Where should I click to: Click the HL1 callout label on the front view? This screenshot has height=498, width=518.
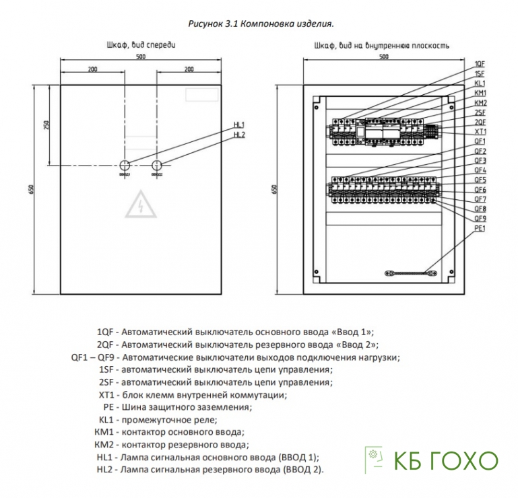pos(239,125)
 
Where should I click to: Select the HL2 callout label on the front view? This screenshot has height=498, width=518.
pos(239,135)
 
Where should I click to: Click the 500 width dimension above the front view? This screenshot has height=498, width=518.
pos(141,57)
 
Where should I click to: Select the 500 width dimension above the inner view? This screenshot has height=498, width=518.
pos(383,57)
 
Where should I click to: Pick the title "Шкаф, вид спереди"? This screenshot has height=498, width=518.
pos(141,44)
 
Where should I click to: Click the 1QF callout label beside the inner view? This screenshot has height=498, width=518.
pos(480,63)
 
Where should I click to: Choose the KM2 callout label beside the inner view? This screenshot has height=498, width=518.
pos(480,103)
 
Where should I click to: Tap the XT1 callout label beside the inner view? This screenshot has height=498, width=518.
pos(480,132)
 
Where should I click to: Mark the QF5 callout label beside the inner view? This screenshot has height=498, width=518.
pos(480,180)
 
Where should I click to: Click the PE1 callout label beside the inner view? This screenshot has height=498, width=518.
pos(480,229)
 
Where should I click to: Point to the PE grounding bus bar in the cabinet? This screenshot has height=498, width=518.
pos(410,273)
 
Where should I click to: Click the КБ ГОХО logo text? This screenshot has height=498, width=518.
pos(444,461)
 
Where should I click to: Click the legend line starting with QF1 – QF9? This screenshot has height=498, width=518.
pos(235,357)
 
